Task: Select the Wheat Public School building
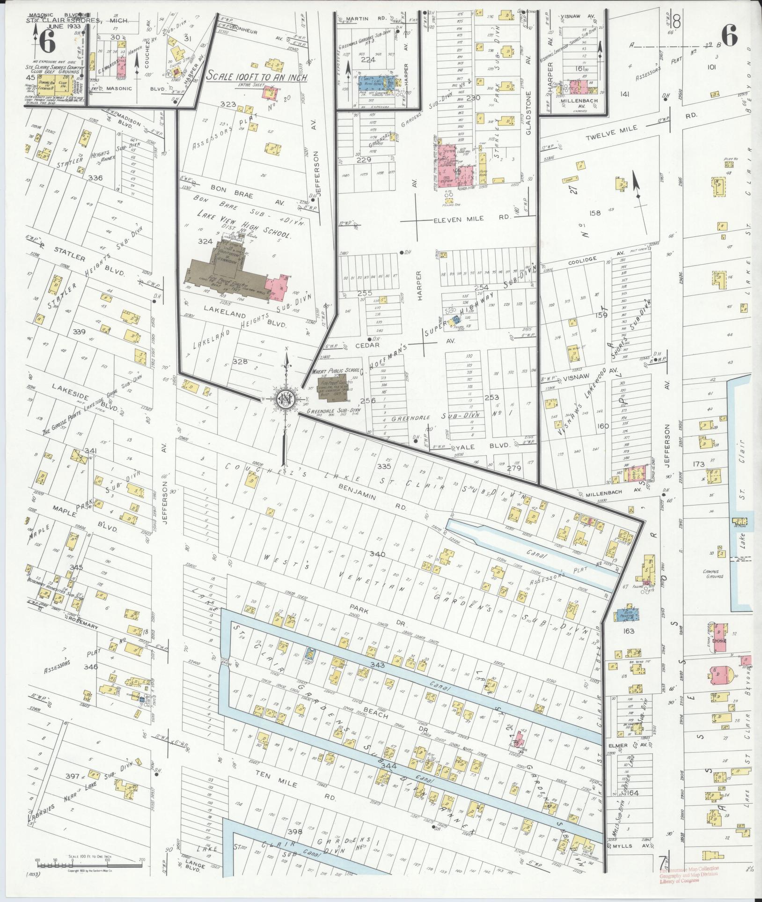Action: click(x=333, y=386)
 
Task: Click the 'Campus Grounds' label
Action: click(x=713, y=573)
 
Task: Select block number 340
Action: click(x=377, y=554)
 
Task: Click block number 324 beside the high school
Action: click(x=205, y=242)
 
